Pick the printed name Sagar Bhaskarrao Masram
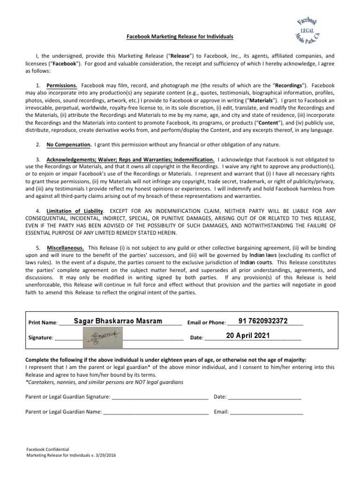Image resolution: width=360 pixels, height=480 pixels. [x=118, y=321]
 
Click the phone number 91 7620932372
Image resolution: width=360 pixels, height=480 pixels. [x=263, y=321]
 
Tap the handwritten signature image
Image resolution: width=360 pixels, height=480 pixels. [x=102, y=336]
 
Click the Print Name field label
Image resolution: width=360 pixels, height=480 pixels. [x=43, y=323]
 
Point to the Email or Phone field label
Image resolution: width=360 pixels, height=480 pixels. [x=206, y=323]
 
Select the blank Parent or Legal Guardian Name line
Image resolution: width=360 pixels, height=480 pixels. [x=156, y=412]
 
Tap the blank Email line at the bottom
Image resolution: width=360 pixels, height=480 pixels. [x=267, y=412]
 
